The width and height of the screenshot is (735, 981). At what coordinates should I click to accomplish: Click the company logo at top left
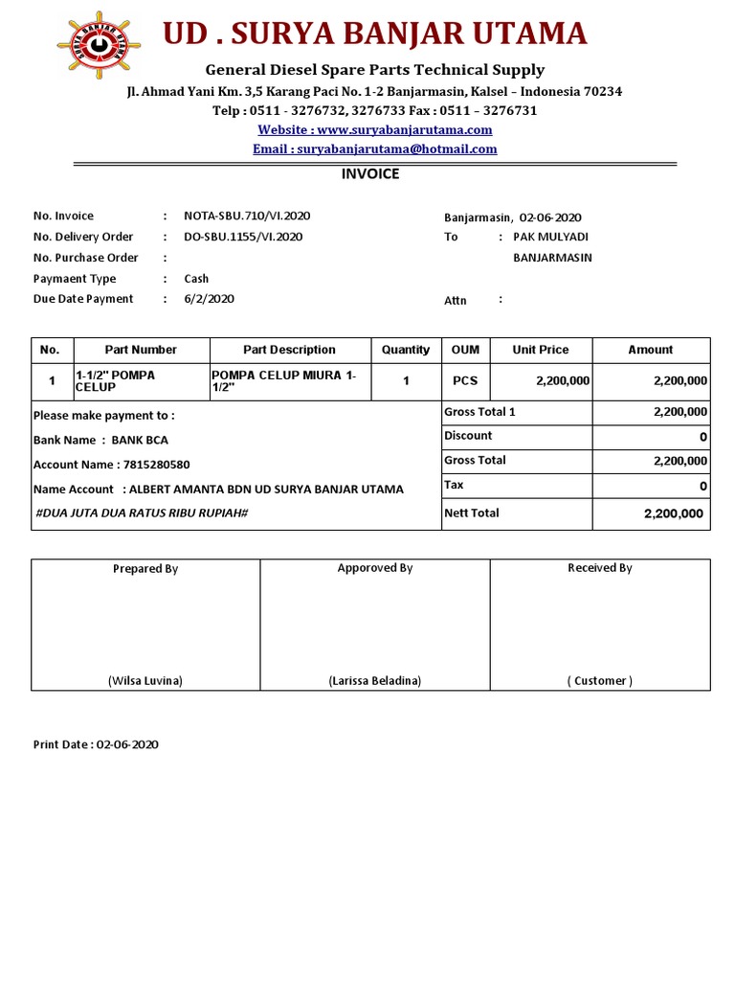98,42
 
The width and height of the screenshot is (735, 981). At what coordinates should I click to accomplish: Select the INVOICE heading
370,174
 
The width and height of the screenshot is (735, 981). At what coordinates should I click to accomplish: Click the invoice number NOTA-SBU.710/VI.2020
247,217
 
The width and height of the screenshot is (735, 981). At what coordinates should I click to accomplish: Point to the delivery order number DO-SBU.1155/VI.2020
243,237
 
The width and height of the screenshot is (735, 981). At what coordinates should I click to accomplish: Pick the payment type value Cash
196,279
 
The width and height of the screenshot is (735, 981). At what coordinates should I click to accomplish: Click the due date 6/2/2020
209,299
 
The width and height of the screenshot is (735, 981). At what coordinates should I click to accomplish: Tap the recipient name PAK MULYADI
551,237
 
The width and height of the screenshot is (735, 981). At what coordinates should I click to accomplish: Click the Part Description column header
289,350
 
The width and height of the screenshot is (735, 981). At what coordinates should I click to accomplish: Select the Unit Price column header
540,350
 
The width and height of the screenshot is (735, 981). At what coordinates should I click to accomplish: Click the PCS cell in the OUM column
465,380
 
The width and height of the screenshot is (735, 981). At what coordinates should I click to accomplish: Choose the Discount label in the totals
468,436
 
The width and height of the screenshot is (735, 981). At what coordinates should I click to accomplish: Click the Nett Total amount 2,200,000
673,513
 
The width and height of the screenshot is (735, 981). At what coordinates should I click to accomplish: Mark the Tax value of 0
702,487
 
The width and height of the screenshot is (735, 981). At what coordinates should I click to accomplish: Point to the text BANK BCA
140,441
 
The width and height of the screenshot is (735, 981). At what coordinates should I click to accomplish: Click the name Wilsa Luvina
145,681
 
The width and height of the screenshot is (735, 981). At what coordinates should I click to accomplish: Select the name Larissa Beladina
374,681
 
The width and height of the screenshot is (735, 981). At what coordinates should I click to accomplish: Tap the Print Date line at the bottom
96,744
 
